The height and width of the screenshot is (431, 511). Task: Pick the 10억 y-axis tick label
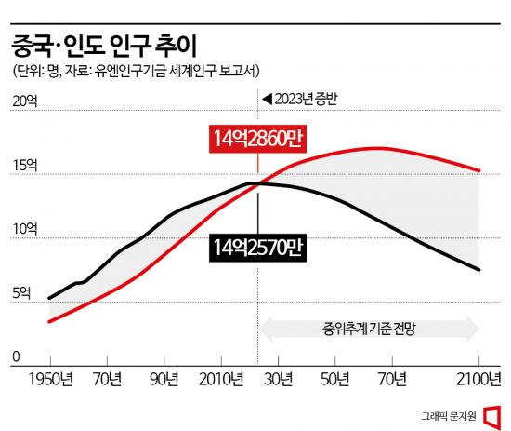[23, 230]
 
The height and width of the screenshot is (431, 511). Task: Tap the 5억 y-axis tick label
[20, 293]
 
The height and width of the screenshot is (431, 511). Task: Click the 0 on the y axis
[16, 357]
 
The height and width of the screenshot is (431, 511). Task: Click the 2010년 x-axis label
[221, 380]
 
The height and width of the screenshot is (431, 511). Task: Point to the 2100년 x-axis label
[479, 380]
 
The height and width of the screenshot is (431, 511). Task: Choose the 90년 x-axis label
[164, 380]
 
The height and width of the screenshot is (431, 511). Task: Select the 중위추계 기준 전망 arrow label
[369, 329]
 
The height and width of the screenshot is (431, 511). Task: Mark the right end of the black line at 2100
[478, 270]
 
